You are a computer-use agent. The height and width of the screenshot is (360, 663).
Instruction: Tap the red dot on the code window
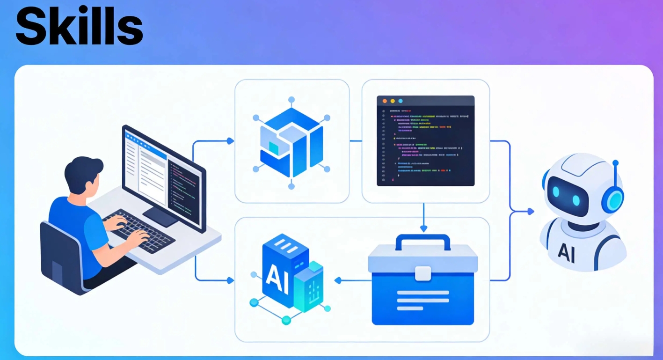385,101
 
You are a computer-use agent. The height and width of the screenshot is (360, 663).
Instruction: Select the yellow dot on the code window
393,101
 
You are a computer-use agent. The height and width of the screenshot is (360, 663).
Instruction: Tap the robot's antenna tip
615,163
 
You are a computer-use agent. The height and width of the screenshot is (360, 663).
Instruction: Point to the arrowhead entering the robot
531,212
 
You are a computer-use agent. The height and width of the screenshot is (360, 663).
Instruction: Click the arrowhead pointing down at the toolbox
423,228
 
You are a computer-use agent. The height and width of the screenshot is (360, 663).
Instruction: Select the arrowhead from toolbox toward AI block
337,280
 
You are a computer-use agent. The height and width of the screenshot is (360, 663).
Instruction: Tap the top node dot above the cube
291,99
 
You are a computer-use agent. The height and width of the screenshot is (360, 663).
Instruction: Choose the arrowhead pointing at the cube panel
230,141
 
